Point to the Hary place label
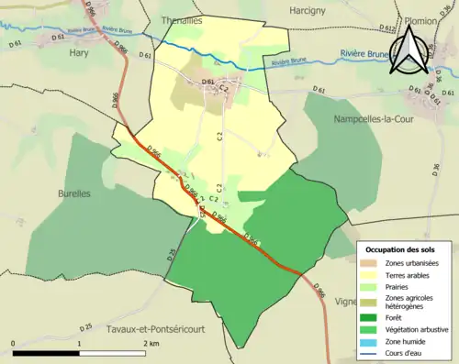point(78,52)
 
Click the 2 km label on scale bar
point(152,343)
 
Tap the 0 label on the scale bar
point(13,343)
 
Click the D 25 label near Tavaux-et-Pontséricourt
point(87,325)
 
